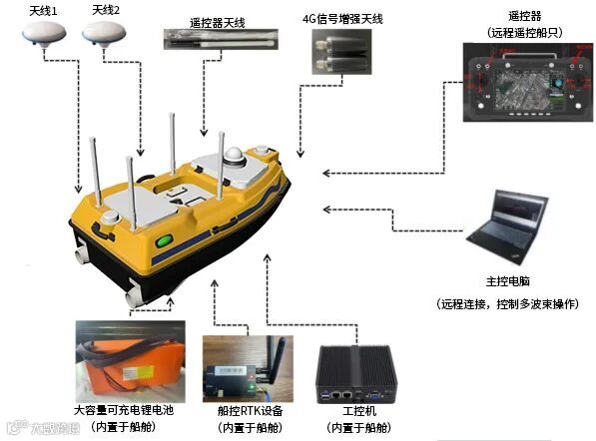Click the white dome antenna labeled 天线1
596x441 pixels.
coord(44,33)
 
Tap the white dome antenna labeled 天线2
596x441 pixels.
coord(104,34)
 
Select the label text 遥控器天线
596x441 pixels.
coord(217,23)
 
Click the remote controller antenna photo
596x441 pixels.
coord(221,39)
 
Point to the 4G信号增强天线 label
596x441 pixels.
coord(342,19)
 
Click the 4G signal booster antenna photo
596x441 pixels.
coord(341,52)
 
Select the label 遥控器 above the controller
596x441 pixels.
coord(524,16)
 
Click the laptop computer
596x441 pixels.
coord(507,226)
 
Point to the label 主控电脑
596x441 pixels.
coord(508,281)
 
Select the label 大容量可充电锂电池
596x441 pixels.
coord(124,410)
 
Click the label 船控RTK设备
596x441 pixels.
coord(251,411)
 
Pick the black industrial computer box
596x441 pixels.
coord(356,374)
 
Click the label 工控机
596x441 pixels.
coord(359,411)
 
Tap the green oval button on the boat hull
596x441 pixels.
coord(164,240)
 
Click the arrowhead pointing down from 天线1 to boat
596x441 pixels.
coord(78,189)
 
